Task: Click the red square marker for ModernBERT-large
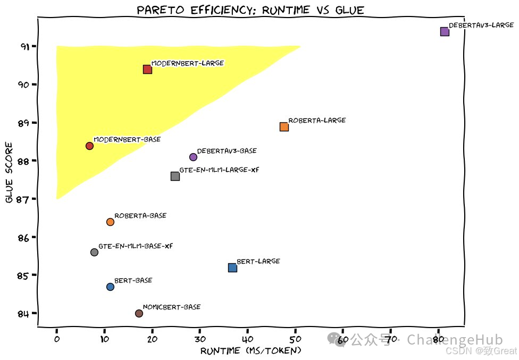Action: coord(147,69)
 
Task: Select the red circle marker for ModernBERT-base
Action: coord(89,146)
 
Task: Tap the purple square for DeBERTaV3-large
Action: coord(445,31)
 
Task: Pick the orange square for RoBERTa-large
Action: coord(284,127)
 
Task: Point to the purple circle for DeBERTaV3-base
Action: coord(193,157)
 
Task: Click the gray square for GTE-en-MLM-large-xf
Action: coord(175,176)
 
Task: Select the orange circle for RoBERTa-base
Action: coord(110,222)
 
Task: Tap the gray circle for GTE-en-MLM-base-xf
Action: coord(94,252)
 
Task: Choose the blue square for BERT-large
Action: coord(232,267)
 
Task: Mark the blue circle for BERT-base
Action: coord(110,287)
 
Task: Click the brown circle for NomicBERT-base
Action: coord(139,313)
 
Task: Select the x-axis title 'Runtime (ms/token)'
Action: coord(251,351)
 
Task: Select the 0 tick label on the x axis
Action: coord(57,339)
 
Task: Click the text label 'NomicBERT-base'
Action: coord(172,307)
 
